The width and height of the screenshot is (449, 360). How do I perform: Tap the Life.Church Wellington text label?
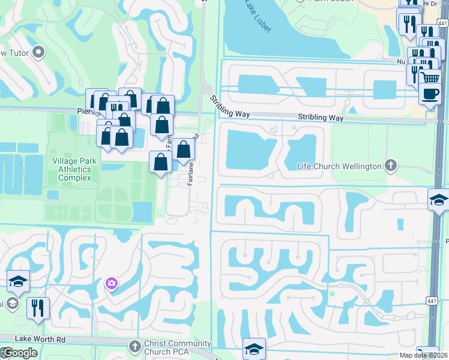340,166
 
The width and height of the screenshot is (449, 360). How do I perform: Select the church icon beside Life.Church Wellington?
391,165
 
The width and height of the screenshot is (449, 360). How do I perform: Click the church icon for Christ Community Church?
134,346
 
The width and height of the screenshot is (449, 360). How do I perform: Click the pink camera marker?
111,283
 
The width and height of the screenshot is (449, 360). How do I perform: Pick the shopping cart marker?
430,78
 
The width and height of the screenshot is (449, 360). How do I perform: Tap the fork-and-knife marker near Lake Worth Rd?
38,308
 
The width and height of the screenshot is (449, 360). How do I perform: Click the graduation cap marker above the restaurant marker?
18,281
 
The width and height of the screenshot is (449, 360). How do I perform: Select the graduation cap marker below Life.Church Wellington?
439,200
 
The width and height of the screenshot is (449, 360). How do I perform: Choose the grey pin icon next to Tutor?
40,52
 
